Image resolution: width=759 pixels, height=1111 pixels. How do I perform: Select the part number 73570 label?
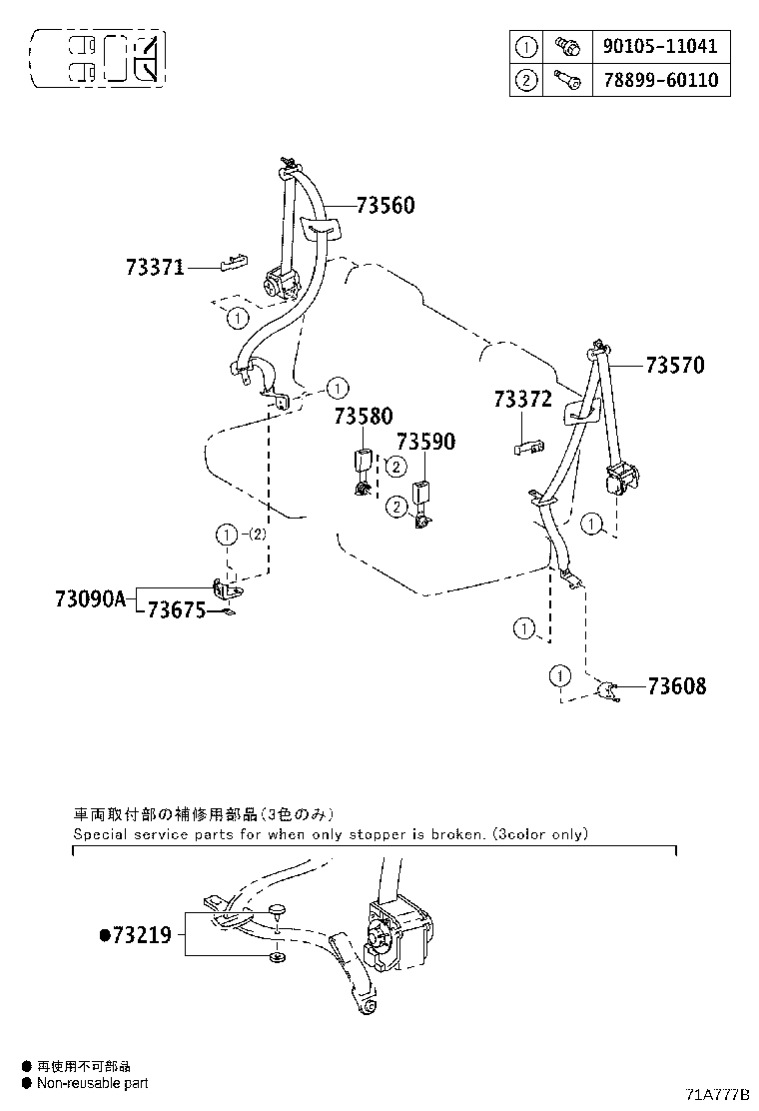point(674,366)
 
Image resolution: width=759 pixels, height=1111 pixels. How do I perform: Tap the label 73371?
point(156,268)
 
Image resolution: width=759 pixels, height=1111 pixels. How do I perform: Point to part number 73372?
point(522,400)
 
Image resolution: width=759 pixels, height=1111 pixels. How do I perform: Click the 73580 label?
point(364,417)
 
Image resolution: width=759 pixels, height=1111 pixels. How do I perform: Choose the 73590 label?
point(425,442)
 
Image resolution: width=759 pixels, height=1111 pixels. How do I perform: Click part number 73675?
point(177,610)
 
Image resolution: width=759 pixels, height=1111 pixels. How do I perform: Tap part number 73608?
point(676,686)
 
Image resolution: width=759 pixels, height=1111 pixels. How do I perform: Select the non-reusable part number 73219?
point(142,935)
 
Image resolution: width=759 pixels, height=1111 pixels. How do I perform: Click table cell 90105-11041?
point(660,46)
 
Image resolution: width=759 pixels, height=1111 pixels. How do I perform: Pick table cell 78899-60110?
point(660,80)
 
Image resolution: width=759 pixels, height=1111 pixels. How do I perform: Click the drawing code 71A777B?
point(717,1094)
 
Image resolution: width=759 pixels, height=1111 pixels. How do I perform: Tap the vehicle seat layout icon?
point(98,57)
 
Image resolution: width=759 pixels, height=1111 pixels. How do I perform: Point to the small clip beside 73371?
point(230,263)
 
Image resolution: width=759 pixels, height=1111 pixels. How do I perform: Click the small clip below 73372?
point(529,447)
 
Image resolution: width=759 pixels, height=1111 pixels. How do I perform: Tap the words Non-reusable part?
point(92,1083)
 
